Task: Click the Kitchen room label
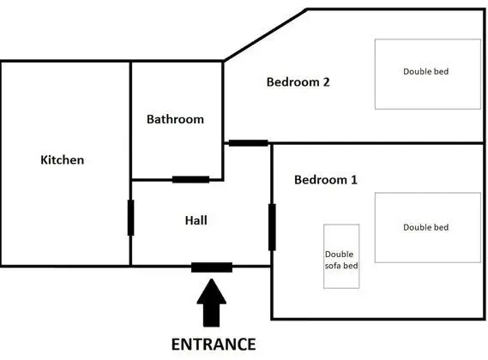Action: click(x=63, y=160)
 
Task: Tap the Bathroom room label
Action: click(x=175, y=119)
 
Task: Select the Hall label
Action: click(x=196, y=220)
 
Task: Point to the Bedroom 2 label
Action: click(x=298, y=82)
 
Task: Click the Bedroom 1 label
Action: click(x=325, y=180)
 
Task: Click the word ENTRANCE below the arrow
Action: click(x=214, y=345)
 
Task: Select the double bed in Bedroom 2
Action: click(x=425, y=73)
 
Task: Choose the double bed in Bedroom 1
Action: click(x=425, y=227)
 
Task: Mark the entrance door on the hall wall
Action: click(x=211, y=267)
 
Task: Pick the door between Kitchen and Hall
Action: click(x=130, y=218)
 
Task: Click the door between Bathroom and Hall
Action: click(x=190, y=179)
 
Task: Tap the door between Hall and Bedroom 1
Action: click(x=272, y=227)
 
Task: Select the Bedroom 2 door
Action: click(x=248, y=142)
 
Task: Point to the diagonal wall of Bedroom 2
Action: click(x=265, y=35)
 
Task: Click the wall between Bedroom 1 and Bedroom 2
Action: click(x=377, y=143)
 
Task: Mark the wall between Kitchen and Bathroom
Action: click(x=130, y=120)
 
